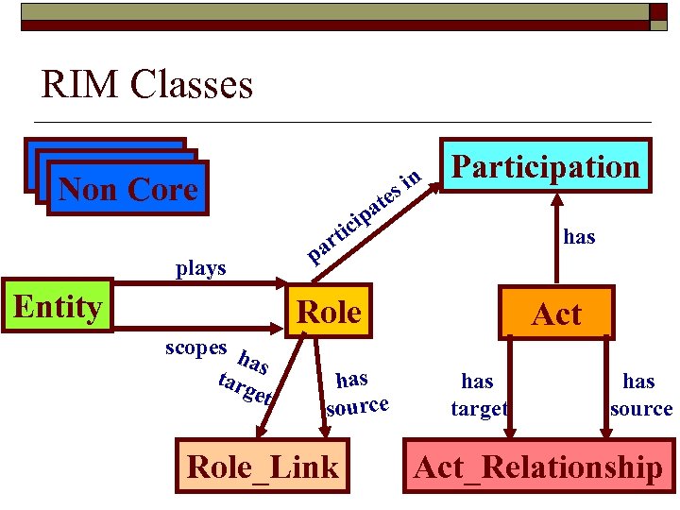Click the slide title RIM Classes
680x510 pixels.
147,85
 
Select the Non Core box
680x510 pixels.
127,190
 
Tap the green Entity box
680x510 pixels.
58,306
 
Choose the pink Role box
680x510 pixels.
329,312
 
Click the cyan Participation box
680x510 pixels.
546,167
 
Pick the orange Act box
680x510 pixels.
556,314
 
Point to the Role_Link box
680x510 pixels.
263,467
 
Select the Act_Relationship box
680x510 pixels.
537,467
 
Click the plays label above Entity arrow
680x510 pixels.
201,268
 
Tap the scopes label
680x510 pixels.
195,348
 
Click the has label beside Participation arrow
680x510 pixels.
579,237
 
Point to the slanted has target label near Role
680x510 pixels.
247,378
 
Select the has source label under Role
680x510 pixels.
355,393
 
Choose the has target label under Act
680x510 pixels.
478,394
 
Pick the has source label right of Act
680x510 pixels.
640,394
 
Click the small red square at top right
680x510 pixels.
657,11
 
